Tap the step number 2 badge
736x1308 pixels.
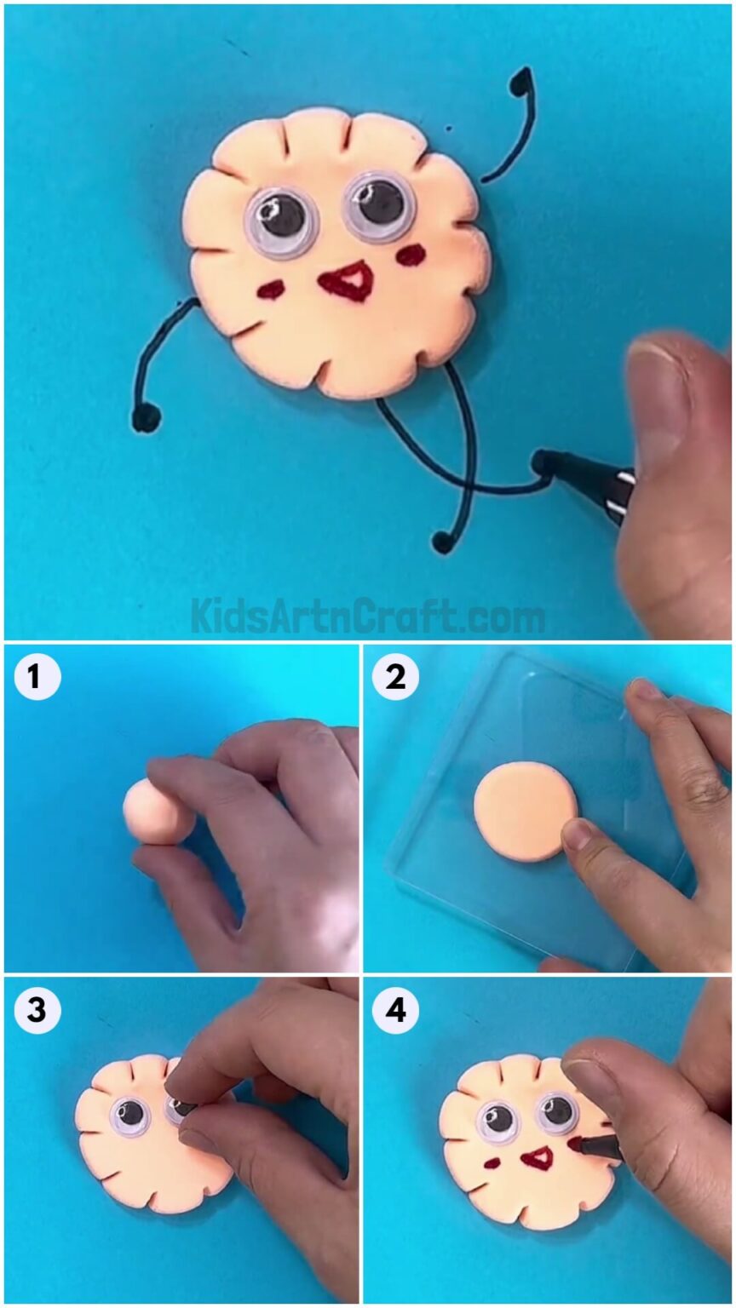click(395, 678)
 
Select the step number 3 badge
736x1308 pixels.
click(37, 1010)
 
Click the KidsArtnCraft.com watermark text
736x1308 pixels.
click(367, 616)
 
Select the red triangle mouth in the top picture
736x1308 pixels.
click(348, 281)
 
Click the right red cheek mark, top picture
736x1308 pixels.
click(413, 254)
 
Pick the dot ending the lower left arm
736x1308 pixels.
click(146, 417)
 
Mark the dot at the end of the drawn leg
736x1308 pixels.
click(441, 541)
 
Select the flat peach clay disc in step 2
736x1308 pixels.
click(524, 811)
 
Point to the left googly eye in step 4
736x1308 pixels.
click(498, 1120)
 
